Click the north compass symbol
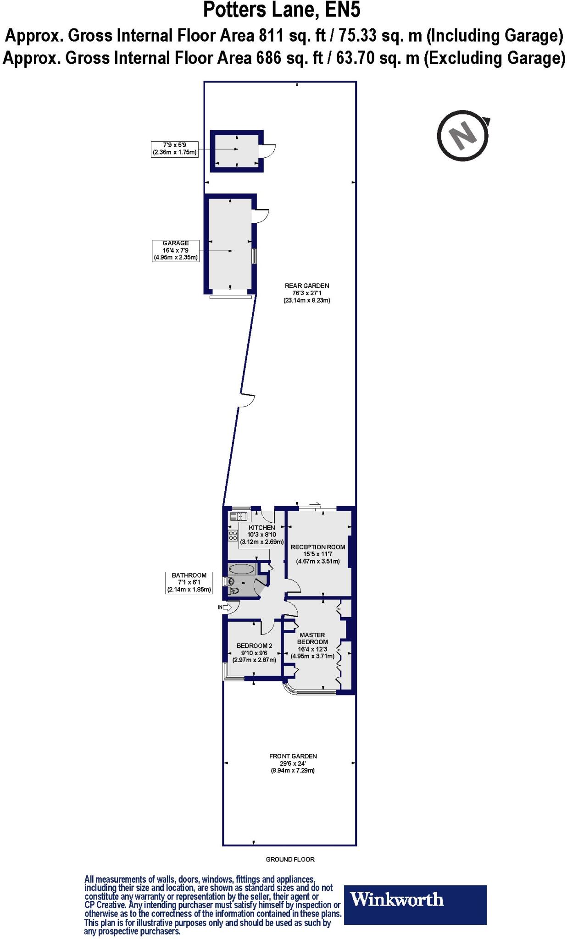pos(462,136)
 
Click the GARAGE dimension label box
pos(176,250)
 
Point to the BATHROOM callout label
pos(189,582)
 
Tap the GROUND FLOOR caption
pos(290,859)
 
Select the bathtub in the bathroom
pos(241,569)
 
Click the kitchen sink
pos(239,517)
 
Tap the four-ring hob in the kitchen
pos(233,535)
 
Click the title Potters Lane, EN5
pos(285,10)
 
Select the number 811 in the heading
pos(272,35)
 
